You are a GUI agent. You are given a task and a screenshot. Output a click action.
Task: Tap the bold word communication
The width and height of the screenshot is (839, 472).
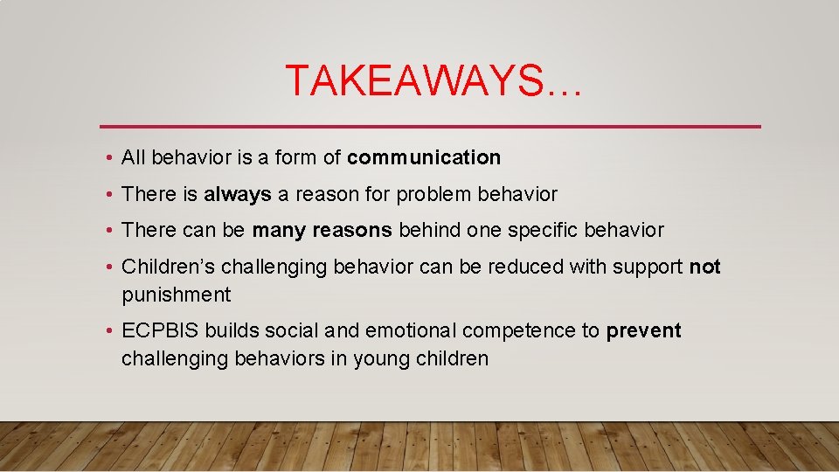coord(424,157)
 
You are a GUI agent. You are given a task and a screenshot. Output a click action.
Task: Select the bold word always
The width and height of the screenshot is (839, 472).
coord(238,194)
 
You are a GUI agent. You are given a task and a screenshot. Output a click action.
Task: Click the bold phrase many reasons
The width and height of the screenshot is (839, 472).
coord(322,231)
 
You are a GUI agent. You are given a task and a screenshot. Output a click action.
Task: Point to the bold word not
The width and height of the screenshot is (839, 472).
coord(704,267)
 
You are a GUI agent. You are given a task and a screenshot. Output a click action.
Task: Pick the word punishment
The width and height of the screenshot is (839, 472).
coord(177,295)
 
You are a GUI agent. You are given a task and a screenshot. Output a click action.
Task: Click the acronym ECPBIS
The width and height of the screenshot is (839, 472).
coord(161,331)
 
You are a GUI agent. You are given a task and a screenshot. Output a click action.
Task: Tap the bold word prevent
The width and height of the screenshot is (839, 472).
coord(643,331)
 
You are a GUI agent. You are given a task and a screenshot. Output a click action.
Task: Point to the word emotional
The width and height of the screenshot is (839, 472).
coord(411,331)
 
